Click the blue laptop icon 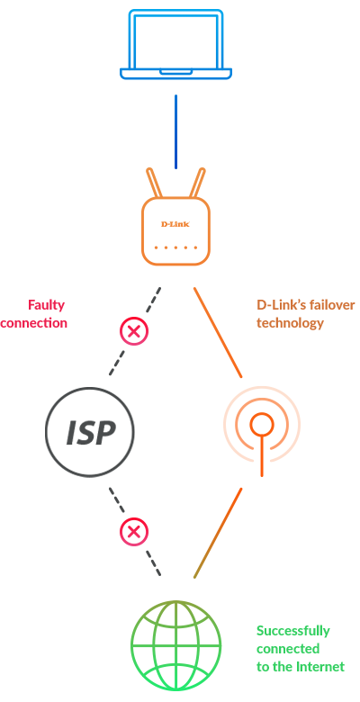tap(175, 45)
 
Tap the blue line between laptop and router tap(176, 131)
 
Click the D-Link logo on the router tap(175, 224)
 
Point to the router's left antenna tap(154, 183)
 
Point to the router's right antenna tap(197, 183)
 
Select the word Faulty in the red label tap(47, 306)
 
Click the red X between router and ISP tap(133, 332)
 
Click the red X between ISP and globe tap(133, 531)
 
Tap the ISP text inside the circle tap(91, 433)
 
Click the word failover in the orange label tap(331, 305)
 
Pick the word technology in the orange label tap(290, 323)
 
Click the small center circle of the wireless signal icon tap(262, 425)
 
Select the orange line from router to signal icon tap(218, 333)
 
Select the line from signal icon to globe tap(218, 533)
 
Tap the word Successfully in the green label tap(293, 632)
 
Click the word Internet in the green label tap(320, 667)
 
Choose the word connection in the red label tap(33, 323)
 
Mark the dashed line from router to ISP tap(135, 331)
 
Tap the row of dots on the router tap(176, 247)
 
